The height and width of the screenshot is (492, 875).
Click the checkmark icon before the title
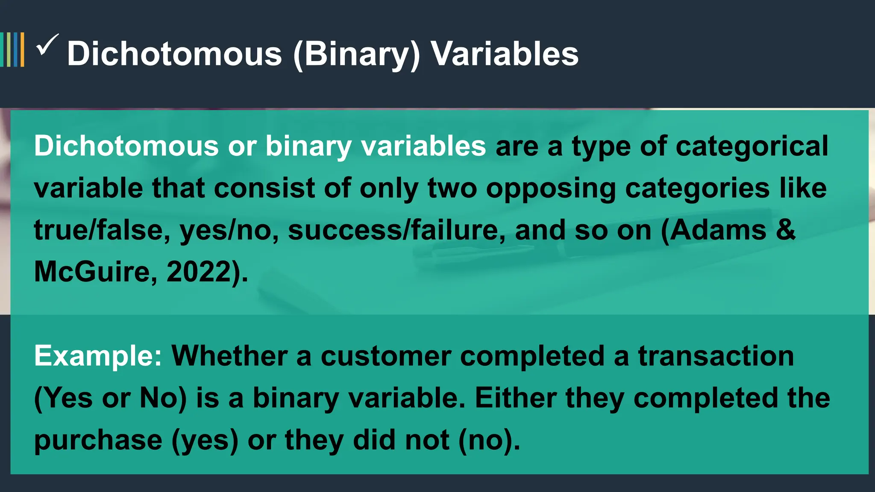47,45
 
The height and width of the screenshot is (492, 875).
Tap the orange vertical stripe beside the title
22,50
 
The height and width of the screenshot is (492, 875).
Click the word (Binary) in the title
357,54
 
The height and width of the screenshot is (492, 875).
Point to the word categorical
752,146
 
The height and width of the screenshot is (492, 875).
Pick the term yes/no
229,230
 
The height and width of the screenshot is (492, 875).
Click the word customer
386,356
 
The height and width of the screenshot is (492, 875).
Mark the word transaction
716,356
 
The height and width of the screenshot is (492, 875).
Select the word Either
516,398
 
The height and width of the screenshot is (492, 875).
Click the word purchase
98,440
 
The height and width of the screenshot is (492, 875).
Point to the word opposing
551,188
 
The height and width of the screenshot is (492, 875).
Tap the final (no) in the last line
485,440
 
